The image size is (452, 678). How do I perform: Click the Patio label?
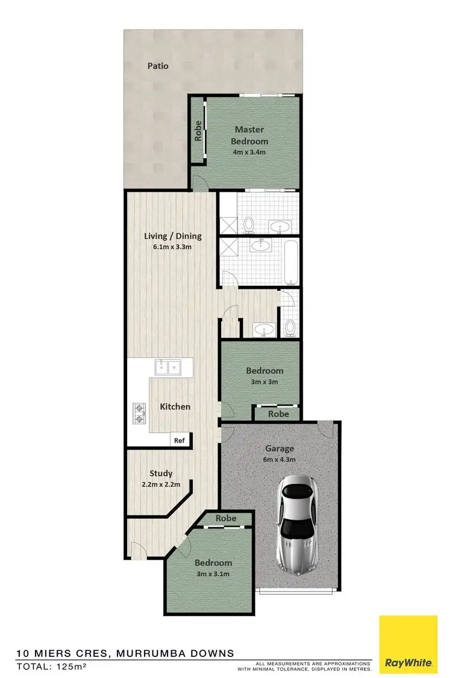pyautogui.click(x=159, y=66)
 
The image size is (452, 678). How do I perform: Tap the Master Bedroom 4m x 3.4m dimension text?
pyautogui.click(x=250, y=152)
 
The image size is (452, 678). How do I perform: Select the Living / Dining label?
pyautogui.click(x=172, y=236)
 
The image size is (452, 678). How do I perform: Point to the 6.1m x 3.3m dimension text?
pyautogui.click(x=172, y=247)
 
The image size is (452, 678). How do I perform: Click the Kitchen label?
pyautogui.click(x=175, y=407)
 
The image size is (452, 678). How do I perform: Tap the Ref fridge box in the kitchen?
pyautogui.click(x=179, y=441)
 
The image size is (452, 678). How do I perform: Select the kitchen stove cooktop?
pyautogui.click(x=140, y=413)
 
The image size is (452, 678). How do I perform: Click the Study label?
pyautogui.click(x=161, y=473)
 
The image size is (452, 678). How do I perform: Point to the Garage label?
pyautogui.click(x=280, y=448)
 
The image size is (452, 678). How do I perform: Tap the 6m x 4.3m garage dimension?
pyautogui.click(x=280, y=460)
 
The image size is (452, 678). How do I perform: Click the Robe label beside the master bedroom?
pyautogui.click(x=198, y=132)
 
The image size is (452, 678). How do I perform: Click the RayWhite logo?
pyautogui.click(x=408, y=644)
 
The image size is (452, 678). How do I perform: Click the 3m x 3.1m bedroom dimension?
pyautogui.click(x=213, y=574)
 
